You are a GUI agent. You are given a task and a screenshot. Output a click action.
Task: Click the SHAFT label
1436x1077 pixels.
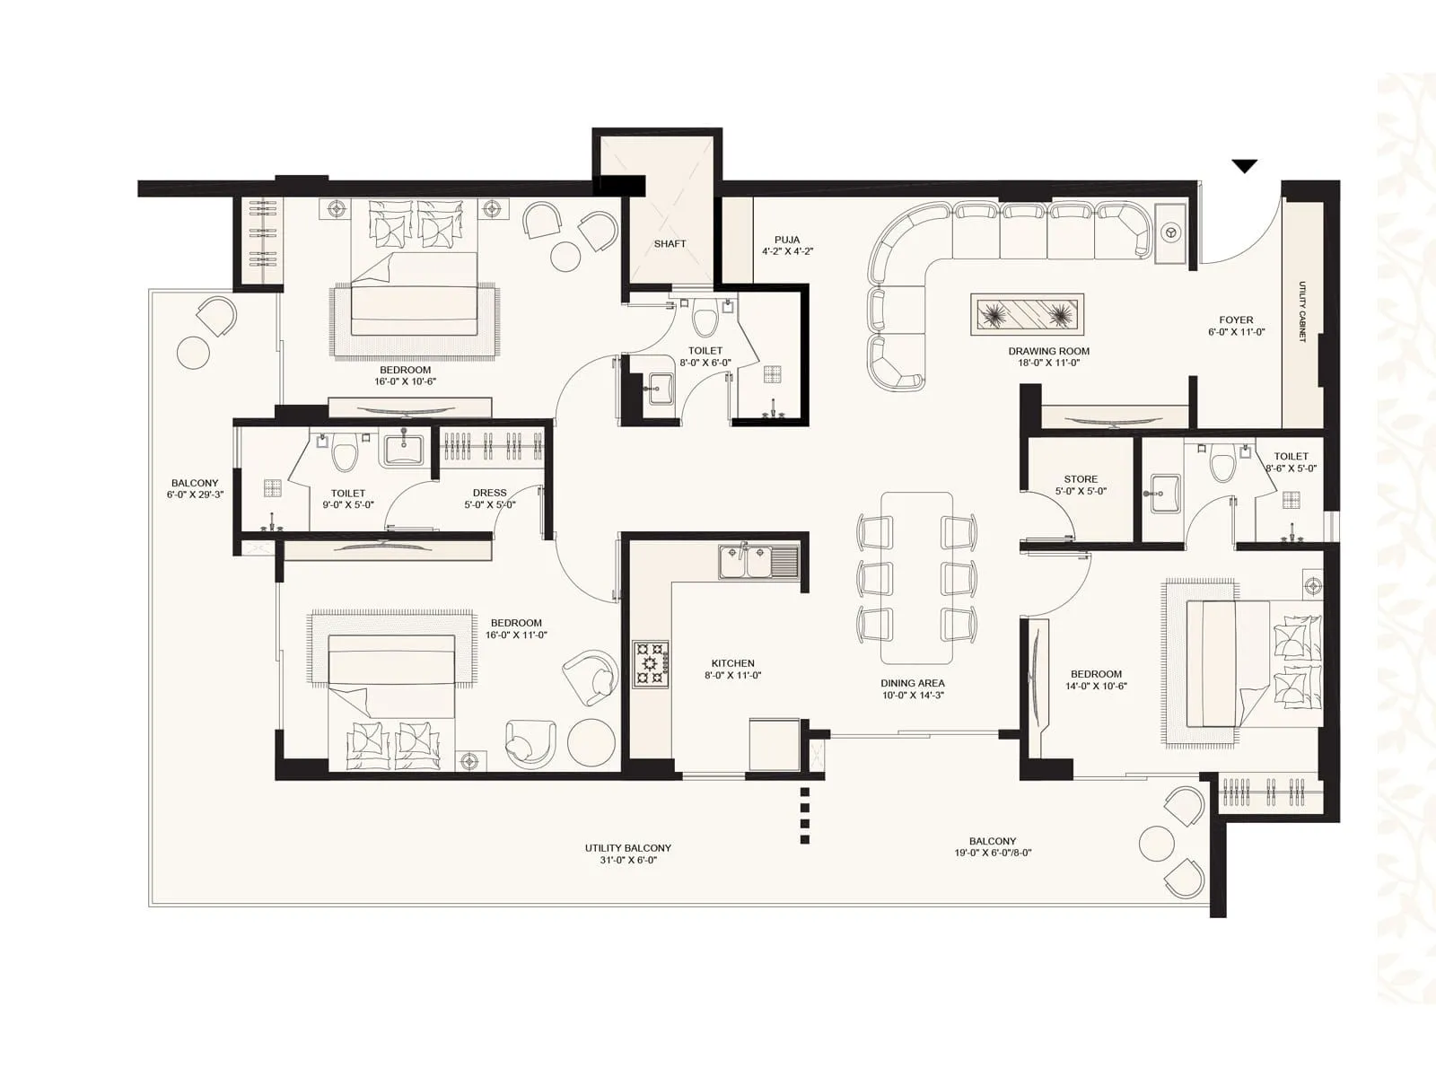pos(670,243)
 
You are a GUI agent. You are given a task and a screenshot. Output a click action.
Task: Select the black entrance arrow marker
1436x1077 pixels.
pos(1244,166)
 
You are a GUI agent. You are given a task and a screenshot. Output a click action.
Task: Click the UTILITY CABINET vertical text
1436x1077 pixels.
pos(1301,311)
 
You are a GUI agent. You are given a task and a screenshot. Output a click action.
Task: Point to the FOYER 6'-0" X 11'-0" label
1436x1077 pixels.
pos(1236,325)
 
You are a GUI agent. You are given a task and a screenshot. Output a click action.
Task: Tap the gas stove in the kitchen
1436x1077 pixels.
pos(651,663)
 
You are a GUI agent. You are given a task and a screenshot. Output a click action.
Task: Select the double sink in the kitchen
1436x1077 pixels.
pos(758,562)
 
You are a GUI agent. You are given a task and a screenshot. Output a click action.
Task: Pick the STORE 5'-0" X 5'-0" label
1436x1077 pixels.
pos(1081,485)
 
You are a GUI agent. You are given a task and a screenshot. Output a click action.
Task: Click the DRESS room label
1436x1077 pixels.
pos(489,498)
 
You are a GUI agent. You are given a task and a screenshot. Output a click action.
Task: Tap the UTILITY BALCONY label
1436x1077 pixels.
pos(627,854)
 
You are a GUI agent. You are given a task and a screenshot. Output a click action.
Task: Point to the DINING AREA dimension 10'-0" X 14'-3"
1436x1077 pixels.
pos(912,695)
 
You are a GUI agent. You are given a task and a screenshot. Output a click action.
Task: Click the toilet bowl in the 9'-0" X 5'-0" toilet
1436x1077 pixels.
pos(344,456)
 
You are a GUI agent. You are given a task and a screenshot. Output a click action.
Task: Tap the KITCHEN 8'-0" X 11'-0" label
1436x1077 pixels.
pos(732,669)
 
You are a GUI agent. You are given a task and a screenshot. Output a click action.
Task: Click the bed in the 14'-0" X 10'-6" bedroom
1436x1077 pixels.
pos(1252,663)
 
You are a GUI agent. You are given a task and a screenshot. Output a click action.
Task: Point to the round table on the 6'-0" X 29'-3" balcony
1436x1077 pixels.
pos(194,353)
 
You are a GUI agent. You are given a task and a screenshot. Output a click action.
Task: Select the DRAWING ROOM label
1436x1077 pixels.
pos(1048,356)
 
